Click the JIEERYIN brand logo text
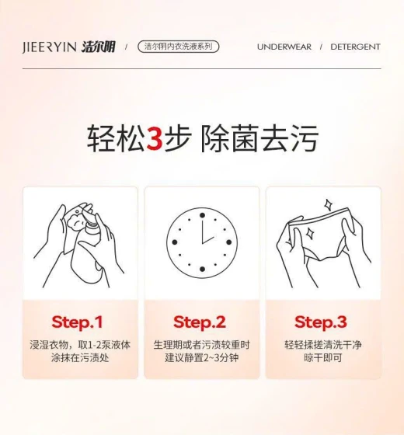coord(50,47)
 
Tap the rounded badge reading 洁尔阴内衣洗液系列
coord(179,47)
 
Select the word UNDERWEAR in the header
coord(284,47)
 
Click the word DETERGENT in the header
coord(355,47)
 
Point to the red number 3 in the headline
coord(155,138)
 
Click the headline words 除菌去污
coord(259,138)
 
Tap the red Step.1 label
coord(77,322)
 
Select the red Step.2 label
coord(200,322)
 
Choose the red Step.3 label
coord(321,322)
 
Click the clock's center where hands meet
coord(202,243)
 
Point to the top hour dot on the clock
coord(202,215)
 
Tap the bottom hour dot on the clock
coord(202,269)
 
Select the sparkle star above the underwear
coord(329,205)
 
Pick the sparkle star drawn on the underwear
coord(309,233)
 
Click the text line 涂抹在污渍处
coord(80,357)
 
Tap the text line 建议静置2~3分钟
coord(202,357)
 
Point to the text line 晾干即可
coord(322,357)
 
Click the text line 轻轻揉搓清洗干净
coord(323,345)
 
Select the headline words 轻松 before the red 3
coord(116,138)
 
